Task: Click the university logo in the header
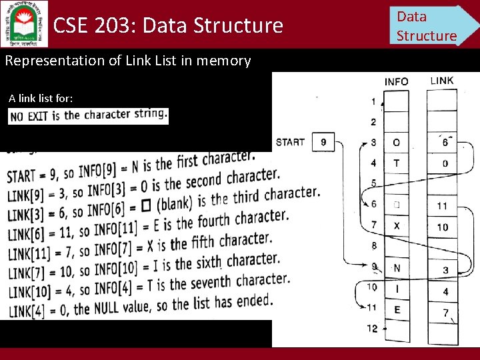tap(25, 23)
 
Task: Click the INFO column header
tap(397, 82)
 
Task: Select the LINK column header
tap(442, 81)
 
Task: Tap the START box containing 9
tap(323, 142)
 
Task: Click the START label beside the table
tap(290, 141)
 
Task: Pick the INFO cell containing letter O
tap(397, 143)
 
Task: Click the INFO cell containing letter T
tap(397, 163)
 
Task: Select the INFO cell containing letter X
tap(397, 226)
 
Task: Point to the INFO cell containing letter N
tap(397, 268)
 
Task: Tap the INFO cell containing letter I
tap(397, 289)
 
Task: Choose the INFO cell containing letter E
tap(397, 310)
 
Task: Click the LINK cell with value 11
tap(443, 205)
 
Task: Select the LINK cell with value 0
tap(445, 163)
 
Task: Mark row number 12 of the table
tap(373, 329)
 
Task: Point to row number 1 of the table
tap(373, 102)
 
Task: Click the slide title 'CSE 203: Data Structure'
tap(168, 26)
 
